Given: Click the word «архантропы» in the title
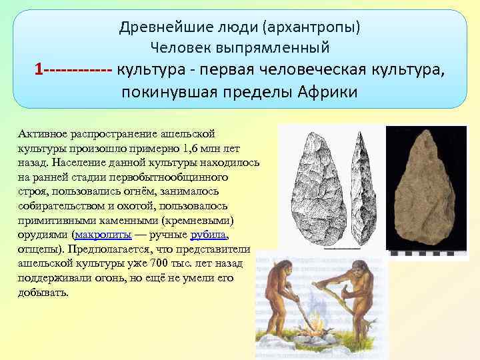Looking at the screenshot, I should (312, 27).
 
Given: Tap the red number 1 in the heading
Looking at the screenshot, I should (39, 69).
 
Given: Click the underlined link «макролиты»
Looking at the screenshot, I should (104, 235).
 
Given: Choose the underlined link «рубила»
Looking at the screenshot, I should (209, 235).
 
